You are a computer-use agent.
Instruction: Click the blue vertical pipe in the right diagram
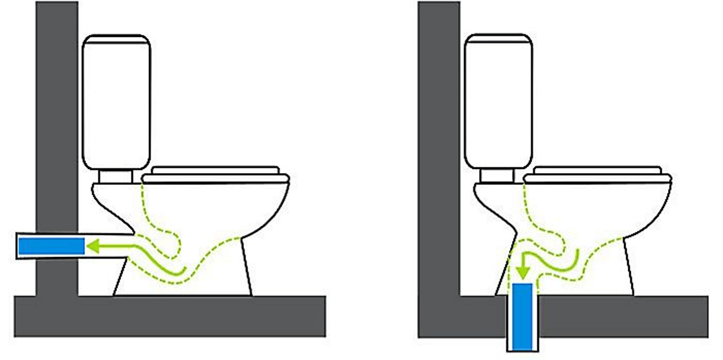coord(523,316)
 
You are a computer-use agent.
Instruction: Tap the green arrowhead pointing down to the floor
coord(523,270)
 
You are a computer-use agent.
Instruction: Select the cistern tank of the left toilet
coord(116,102)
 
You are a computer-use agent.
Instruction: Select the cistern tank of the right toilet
coord(499,102)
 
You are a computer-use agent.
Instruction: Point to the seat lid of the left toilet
coord(216,174)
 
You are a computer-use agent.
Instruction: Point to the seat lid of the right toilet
coord(599,174)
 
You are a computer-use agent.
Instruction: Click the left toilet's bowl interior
coord(211,211)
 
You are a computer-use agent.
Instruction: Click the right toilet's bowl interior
coord(595,211)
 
